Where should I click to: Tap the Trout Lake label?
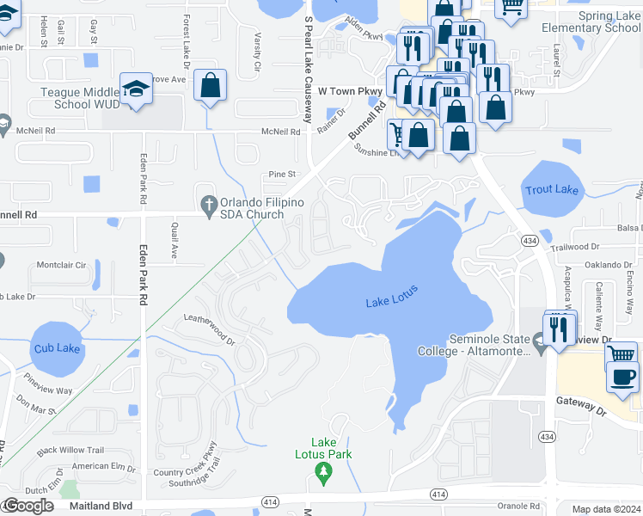tap(551, 189)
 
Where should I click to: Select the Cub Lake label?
tap(57, 348)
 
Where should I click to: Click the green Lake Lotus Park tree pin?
tap(323, 470)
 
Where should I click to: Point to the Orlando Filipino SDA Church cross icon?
tap(208, 204)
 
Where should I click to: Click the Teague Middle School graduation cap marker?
tap(137, 89)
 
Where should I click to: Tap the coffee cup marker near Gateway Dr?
tap(622, 376)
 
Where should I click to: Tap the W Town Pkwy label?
tap(350, 89)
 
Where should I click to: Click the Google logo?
tap(28, 506)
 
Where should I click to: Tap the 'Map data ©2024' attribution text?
tap(606, 509)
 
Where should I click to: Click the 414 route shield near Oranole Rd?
tap(438, 494)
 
